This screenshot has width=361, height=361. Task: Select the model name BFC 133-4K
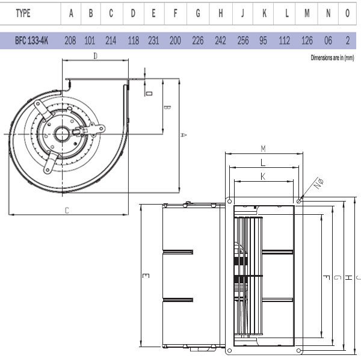point(32,41)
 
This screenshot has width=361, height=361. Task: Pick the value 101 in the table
point(91,41)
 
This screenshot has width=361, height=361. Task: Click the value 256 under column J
point(242,41)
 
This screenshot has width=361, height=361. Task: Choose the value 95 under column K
point(264,41)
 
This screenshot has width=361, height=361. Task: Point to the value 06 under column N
point(328,41)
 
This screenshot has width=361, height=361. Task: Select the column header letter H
point(221,13)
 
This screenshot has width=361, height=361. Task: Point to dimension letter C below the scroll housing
point(67,210)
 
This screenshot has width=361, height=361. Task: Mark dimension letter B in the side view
point(168,108)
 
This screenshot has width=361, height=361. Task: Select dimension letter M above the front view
point(264,149)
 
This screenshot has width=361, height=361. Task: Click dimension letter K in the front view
point(264,176)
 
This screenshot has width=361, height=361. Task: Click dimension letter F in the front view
point(325,277)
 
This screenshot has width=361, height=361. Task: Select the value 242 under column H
point(221,41)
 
